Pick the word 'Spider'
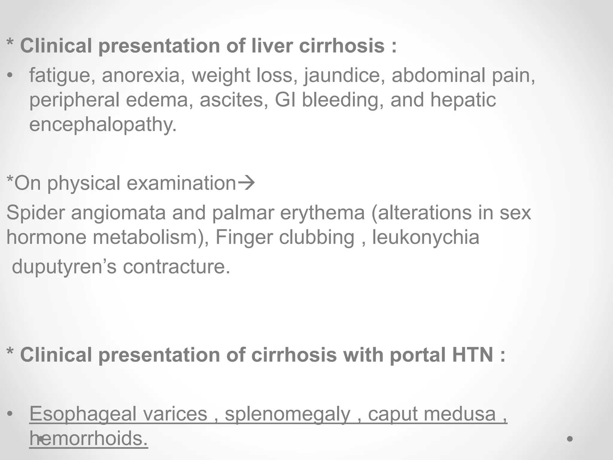(35, 213)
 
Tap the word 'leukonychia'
(426, 237)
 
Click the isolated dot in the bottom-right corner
(570, 439)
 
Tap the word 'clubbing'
(317, 237)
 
